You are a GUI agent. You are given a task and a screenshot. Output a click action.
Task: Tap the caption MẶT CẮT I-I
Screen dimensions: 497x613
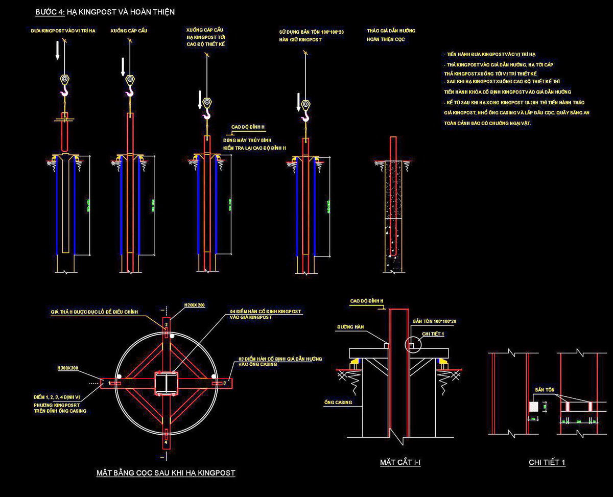[400, 463]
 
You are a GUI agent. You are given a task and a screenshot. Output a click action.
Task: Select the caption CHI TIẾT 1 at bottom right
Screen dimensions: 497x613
[547, 463]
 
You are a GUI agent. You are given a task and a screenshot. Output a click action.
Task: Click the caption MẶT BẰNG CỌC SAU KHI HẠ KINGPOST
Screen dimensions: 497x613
[166, 473]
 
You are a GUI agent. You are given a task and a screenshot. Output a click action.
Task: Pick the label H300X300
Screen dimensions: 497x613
[68, 367]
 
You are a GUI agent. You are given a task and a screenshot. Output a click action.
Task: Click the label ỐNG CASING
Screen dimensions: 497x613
[338, 403]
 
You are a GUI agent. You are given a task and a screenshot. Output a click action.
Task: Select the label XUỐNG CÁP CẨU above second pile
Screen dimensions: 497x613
[125, 31]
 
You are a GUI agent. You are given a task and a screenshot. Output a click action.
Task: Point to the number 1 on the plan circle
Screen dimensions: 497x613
[109, 382]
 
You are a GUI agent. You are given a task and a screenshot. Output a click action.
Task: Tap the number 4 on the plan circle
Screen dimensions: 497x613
[166, 442]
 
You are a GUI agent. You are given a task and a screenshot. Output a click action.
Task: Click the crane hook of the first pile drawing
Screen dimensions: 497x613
[64, 91]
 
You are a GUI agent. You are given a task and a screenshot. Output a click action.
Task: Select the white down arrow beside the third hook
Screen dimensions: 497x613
[199, 100]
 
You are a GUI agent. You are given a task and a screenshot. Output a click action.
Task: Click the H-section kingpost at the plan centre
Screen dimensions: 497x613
[166, 383]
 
